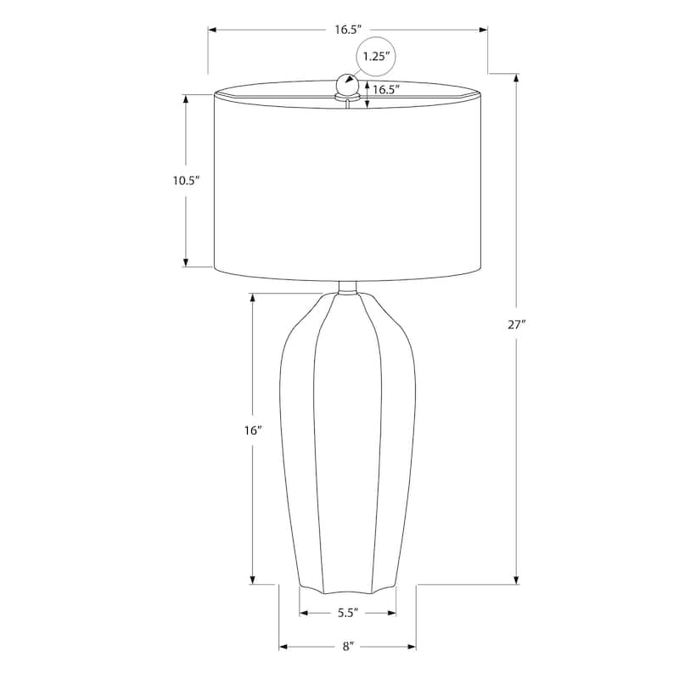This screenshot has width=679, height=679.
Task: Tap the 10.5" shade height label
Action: point(186,180)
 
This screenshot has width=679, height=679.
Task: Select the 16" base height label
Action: point(252,430)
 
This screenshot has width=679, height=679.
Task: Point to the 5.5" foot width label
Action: point(347,613)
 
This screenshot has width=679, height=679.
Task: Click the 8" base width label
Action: point(347,647)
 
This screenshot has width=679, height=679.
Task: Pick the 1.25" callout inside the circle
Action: point(375,57)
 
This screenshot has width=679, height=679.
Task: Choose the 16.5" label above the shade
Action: point(348,30)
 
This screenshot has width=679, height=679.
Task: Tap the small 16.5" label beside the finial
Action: point(386,89)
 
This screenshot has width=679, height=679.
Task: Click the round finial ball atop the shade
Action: point(346,85)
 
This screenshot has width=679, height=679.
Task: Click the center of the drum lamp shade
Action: point(348,180)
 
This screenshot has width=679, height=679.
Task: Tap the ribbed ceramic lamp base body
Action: point(348,441)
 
